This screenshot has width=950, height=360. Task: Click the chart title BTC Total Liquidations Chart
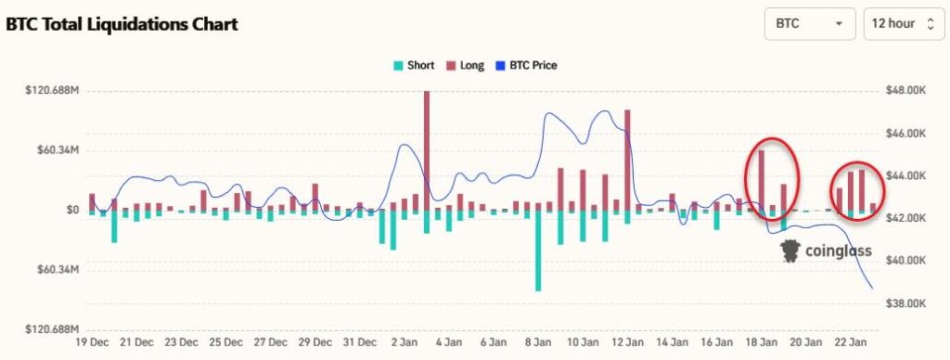(x=122, y=24)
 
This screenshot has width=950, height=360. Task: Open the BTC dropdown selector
(x=809, y=24)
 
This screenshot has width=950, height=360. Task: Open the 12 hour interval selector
(x=904, y=24)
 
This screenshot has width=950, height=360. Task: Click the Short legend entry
(x=414, y=66)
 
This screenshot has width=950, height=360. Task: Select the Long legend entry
(x=466, y=66)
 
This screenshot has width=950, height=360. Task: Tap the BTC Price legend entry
(x=526, y=66)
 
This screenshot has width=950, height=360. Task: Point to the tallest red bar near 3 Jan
(x=427, y=151)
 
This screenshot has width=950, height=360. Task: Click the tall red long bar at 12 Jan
(x=627, y=161)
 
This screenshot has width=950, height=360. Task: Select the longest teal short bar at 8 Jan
(x=538, y=251)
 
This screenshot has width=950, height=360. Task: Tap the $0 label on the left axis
(x=72, y=211)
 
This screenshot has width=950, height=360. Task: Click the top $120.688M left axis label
(x=52, y=91)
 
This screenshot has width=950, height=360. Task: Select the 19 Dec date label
(x=92, y=342)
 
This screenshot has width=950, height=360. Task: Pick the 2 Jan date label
(x=404, y=342)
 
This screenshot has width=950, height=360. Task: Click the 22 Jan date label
(x=849, y=342)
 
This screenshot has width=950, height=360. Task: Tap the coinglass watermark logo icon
(x=790, y=251)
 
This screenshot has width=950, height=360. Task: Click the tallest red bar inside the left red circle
(x=761, y=181)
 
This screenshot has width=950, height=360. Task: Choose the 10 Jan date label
(x=582, y=342)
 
